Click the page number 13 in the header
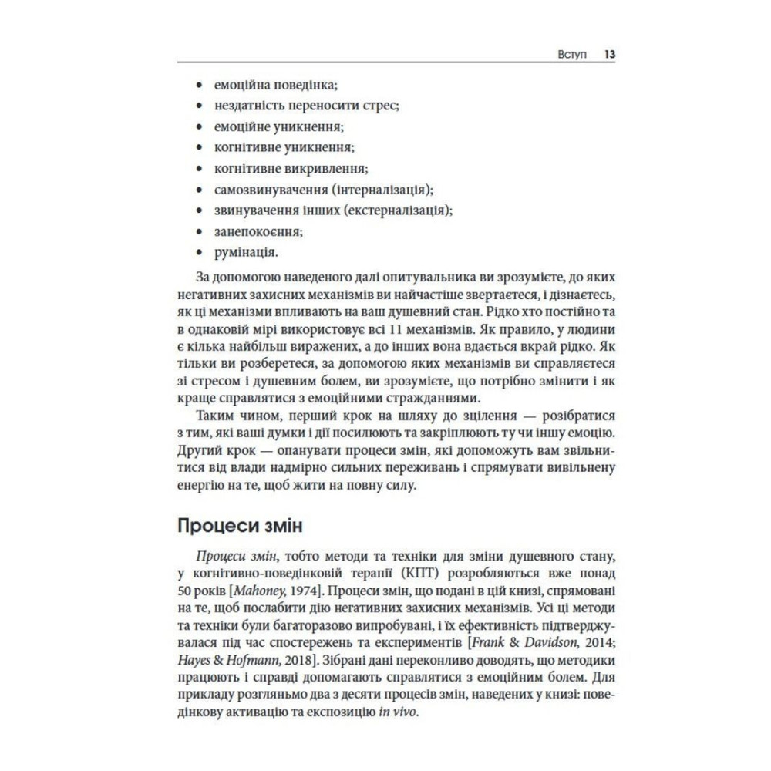click(x=609, y=56)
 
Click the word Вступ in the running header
click(x=571, y=56)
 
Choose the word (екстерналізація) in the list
click(x=394, y=210)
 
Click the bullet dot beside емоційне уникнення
click(x=200, y=126)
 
